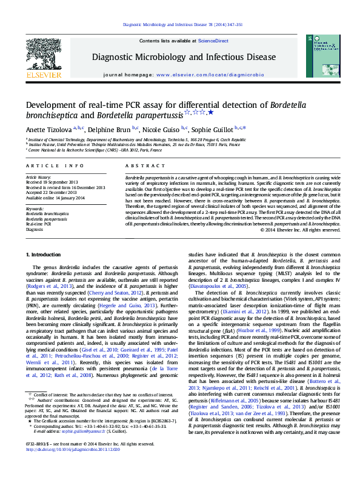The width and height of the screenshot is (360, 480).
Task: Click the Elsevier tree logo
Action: [40, 57]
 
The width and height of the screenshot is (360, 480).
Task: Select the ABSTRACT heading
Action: [136, 165]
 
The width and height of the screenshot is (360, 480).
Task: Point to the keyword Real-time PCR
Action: [38, 224]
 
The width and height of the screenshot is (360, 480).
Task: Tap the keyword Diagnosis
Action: [34, 229]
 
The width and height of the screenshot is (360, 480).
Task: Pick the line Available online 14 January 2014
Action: [55, 198]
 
